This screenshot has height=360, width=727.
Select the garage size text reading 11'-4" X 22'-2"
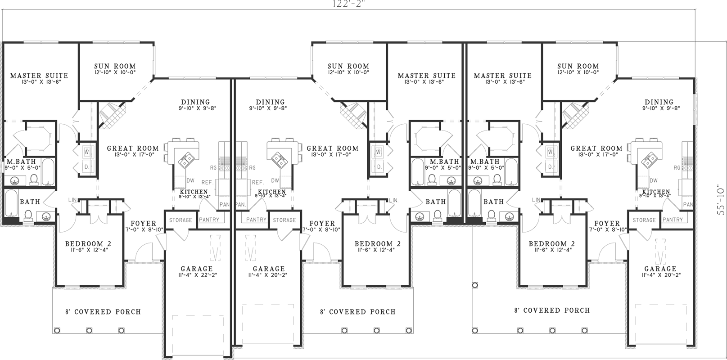coord(197,275)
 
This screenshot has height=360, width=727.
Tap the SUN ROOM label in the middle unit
coord(348,66)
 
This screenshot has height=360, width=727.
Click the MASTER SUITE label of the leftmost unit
coord(39,76)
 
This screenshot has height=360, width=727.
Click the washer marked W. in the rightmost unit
coord(550,152)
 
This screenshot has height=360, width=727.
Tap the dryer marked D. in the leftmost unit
coord(87,167)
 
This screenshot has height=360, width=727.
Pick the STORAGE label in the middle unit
coord(284,220)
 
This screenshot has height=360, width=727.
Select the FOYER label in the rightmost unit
coord(607,224)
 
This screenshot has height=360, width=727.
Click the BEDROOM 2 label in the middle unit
coord(378,243)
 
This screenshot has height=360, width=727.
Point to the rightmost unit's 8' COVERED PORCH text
coord(552,310)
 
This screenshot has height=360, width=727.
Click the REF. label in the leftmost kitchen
coord(208,183)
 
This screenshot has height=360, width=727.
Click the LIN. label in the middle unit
coord(394,200)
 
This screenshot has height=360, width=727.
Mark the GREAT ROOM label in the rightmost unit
coord(596,148)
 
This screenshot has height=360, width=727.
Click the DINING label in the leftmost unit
coord(195,102)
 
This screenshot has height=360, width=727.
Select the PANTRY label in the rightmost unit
coord(673,220)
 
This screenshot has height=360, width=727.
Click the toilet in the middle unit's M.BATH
coord(432,180)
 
